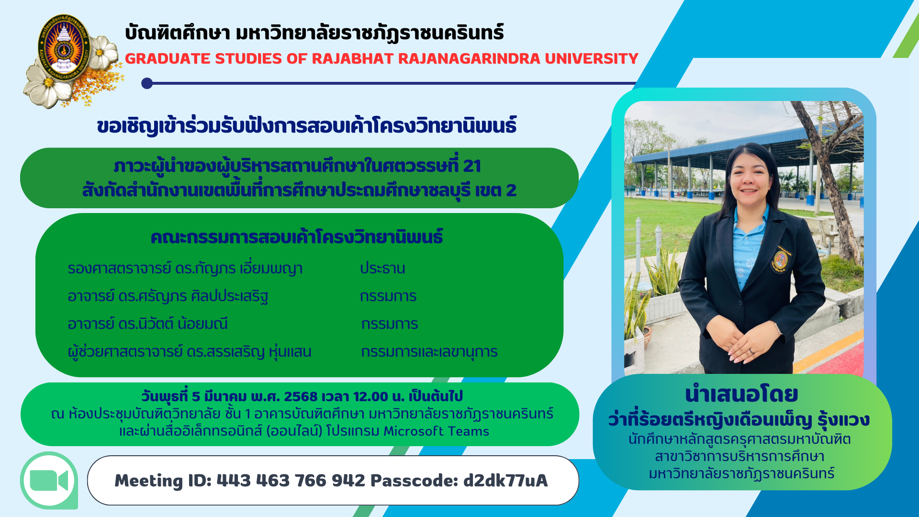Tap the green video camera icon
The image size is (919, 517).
click(49, 481)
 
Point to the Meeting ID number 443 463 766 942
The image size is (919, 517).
click(291, 480)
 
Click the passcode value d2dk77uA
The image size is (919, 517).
click(505, 480)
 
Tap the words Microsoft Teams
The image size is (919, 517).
click(437, 431)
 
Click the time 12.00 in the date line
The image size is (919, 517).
click(370, 396)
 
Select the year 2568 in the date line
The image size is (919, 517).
click(301, 396)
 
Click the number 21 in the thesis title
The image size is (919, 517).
click(472, 166)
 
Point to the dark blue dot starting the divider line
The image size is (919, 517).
click(147, 83)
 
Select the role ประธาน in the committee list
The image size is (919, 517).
click(382, 268)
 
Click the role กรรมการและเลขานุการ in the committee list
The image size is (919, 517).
click(429, 352)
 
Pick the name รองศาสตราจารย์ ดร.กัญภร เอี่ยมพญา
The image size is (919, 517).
click(185, 268)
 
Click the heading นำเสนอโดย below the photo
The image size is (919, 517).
click(741, 394)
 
